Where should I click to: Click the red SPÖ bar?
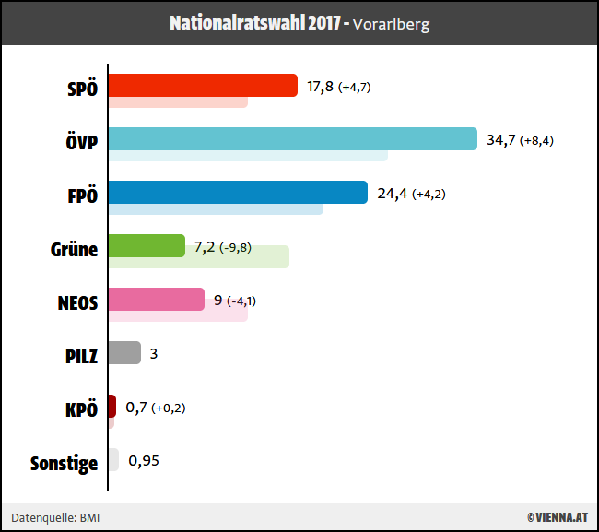coord(203,86)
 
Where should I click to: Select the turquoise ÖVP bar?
coord(292,139)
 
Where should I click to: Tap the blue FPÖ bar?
coord(238,193)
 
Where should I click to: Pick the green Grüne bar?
coord(147,246)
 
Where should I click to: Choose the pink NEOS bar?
coord(156,300)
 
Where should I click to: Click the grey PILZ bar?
coord(124,353)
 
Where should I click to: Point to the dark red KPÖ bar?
coord(112,407)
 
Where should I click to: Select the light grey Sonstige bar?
coord(113,460)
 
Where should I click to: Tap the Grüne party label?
coord(74,248)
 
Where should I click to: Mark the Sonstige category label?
coord(64,463)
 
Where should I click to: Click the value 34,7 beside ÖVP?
coord(500,140)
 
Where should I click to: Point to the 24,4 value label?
coord(392,194)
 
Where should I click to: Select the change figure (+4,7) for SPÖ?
coord(355,88)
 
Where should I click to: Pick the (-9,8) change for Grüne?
coord(235,248)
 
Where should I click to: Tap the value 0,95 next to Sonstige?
coord(144,461)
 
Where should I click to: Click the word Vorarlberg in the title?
coord(392,24)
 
